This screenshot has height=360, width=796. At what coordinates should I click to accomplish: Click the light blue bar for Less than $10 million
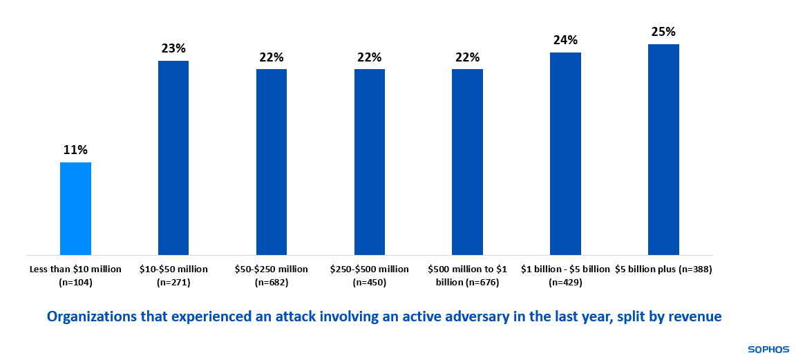75,209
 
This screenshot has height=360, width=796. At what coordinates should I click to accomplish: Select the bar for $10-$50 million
173,158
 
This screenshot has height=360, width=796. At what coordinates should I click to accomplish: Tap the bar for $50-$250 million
272,162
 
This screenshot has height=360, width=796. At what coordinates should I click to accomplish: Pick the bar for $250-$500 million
370,162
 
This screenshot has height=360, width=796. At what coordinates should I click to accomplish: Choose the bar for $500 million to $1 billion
467,162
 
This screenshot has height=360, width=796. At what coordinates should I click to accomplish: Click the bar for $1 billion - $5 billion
565,153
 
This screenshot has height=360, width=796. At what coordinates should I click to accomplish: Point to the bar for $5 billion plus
663,149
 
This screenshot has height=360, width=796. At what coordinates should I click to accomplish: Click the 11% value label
75,150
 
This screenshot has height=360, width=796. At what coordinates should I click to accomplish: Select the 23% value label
173,48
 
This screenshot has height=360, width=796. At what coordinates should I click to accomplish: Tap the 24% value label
565,40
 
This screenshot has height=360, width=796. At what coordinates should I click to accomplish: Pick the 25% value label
663,32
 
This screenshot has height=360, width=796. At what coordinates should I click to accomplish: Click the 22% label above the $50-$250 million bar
272,57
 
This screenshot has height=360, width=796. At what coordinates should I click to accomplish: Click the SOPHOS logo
768,350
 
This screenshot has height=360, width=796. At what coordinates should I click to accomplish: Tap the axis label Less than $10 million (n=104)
75,275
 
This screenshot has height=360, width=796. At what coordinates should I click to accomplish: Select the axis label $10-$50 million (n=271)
173,275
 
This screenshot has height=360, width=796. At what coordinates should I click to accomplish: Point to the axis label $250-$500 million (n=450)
370,275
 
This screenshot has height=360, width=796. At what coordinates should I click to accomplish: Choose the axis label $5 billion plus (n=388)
663,269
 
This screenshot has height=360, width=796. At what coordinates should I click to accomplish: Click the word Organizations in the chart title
89,316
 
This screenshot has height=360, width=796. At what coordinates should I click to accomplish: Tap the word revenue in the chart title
696,316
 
